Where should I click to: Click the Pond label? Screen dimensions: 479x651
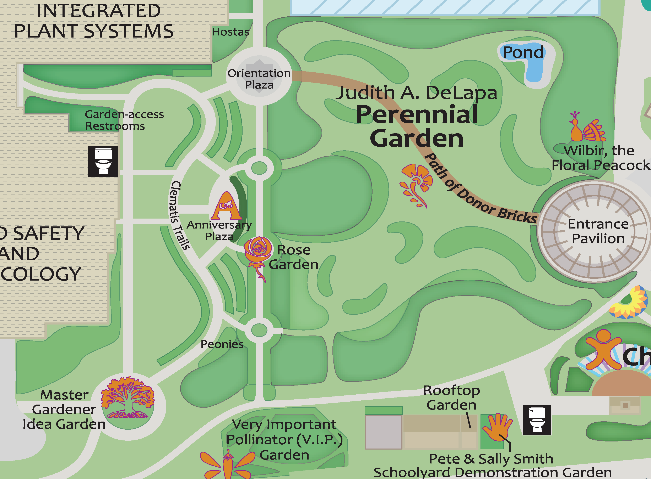tap(523, 52)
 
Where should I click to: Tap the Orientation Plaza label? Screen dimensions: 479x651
tap(259, 79)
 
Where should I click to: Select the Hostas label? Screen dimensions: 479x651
tap(230, 32)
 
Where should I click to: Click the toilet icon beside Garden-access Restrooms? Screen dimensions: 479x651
tap(103, 161)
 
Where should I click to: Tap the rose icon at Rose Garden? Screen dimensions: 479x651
tap(258, 255)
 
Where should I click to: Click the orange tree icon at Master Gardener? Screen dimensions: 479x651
tap(128, 397)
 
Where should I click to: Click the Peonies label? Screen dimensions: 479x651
tap(222, 344)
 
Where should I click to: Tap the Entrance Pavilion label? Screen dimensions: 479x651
tap(598, 231)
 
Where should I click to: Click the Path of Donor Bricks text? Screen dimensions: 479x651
tap(479, 191)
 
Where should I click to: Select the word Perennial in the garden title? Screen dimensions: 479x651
tap(417, 114)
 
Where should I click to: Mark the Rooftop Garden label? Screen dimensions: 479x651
tap(451, 398)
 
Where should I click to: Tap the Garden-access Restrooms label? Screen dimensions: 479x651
tap(124, 120)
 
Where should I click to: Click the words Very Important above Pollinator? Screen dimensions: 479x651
tap(284, 425)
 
